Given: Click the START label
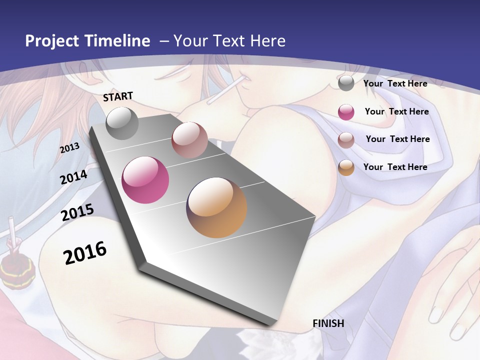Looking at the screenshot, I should coord(118,96).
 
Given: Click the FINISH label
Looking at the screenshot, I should coord(328,323).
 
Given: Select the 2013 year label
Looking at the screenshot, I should coord(70,148).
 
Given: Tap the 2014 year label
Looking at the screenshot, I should coord(74,177).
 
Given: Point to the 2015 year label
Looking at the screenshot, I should coord(77,212).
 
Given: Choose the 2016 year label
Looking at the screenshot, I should coord(85,252).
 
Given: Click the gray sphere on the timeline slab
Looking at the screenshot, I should coord(122,123).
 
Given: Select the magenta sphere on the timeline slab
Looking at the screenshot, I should coord(145,180).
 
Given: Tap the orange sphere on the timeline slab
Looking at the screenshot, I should coord(216,207).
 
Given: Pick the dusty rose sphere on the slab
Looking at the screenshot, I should coord(189,140).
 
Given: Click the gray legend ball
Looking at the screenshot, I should coord(346,83).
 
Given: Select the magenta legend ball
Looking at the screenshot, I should coord(346,112).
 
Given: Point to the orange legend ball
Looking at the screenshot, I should coord(346,167).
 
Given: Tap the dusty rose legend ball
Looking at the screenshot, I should coord(346,139).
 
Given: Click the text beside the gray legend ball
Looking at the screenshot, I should coord(395,83).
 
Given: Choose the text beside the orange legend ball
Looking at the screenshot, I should coord(395,167).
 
